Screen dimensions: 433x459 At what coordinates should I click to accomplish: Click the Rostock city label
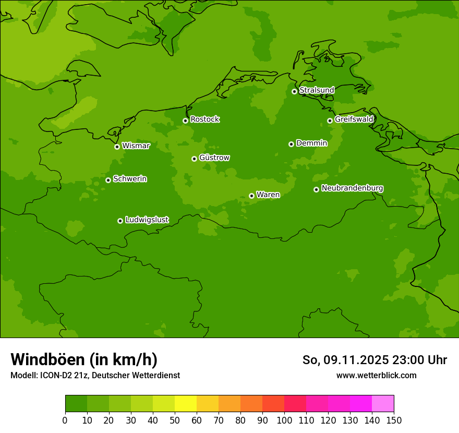(204, 119)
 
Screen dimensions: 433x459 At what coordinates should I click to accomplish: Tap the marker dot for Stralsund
(294, 91)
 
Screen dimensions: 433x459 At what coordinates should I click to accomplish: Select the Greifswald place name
(354, 119)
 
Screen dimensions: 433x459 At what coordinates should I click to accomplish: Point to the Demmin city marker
(291, 144)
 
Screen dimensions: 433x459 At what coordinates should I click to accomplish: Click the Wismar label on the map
(136, 146)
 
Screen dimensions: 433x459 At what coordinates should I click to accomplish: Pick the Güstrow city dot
(194, 159)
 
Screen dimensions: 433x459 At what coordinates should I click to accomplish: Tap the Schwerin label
(130, 179)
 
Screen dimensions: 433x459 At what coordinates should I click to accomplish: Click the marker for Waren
(251, 196)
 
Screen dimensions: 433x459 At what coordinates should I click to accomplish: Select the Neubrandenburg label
(352, 188)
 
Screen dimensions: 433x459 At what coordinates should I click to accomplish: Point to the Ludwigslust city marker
(120, 221)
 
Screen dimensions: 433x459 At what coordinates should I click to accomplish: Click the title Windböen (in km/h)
(84, 359)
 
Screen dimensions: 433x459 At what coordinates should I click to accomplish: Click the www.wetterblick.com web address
(376, 375)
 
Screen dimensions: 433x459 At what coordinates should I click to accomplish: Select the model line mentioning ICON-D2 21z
(95, 375)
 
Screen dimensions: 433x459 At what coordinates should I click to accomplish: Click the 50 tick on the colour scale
(175, 420)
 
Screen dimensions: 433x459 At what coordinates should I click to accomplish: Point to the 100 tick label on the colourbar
(284, 420)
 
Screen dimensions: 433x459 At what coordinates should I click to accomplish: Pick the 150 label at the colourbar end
(394, 420)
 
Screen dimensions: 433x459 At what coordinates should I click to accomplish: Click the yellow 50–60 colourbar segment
(186, 403)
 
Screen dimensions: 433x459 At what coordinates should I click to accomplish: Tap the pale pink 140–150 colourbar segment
(383, 403)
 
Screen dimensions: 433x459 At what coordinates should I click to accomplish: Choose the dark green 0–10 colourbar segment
(76, 403)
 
